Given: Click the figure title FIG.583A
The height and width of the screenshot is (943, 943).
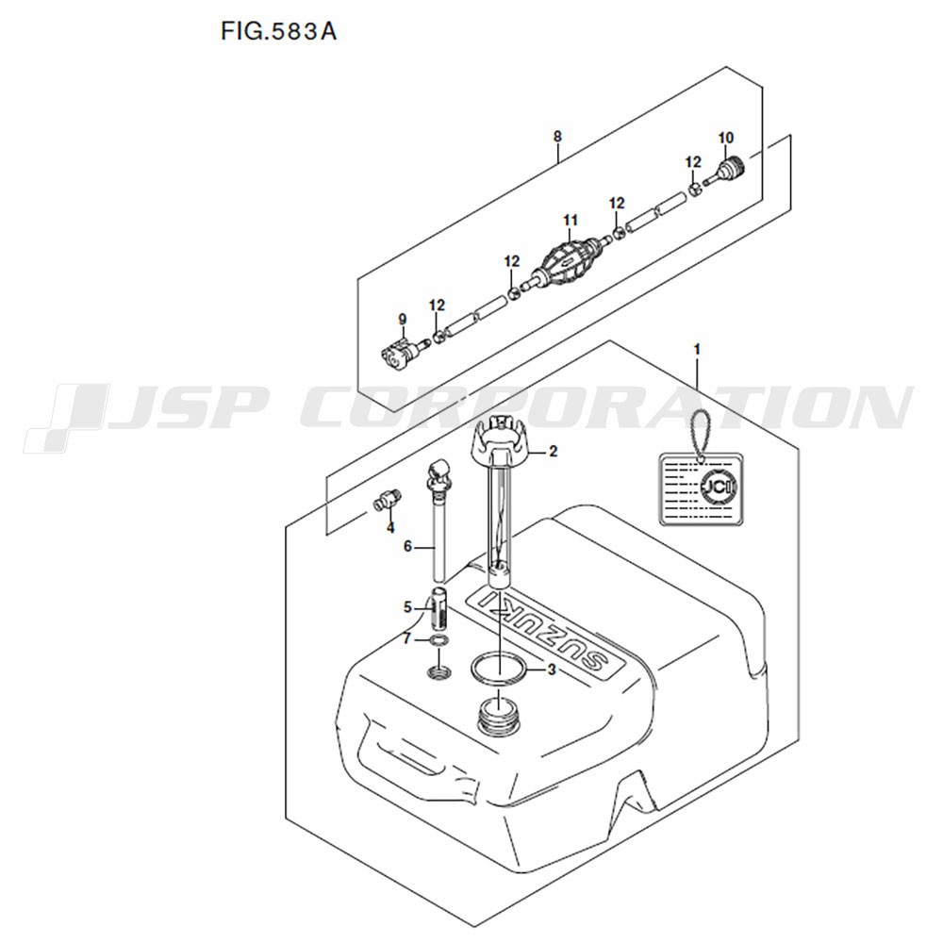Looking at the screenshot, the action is point(278,31).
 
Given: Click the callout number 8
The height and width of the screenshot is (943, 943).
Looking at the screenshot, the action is point(557,137).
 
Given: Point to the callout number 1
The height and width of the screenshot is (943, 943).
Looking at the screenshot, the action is point(697,349).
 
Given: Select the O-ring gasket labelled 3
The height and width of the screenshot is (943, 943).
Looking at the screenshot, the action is point(499,668).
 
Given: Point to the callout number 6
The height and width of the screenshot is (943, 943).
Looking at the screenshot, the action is point(407,546).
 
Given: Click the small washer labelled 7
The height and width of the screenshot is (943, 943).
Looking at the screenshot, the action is point(439,640).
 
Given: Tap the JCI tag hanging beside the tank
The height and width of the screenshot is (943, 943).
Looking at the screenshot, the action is point(698,488).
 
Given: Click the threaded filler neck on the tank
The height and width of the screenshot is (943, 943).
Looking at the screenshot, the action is point(499,716).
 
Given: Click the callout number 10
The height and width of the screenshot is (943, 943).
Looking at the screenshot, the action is point(726,138).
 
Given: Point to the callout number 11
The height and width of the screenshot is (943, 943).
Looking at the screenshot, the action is point(571,221).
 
